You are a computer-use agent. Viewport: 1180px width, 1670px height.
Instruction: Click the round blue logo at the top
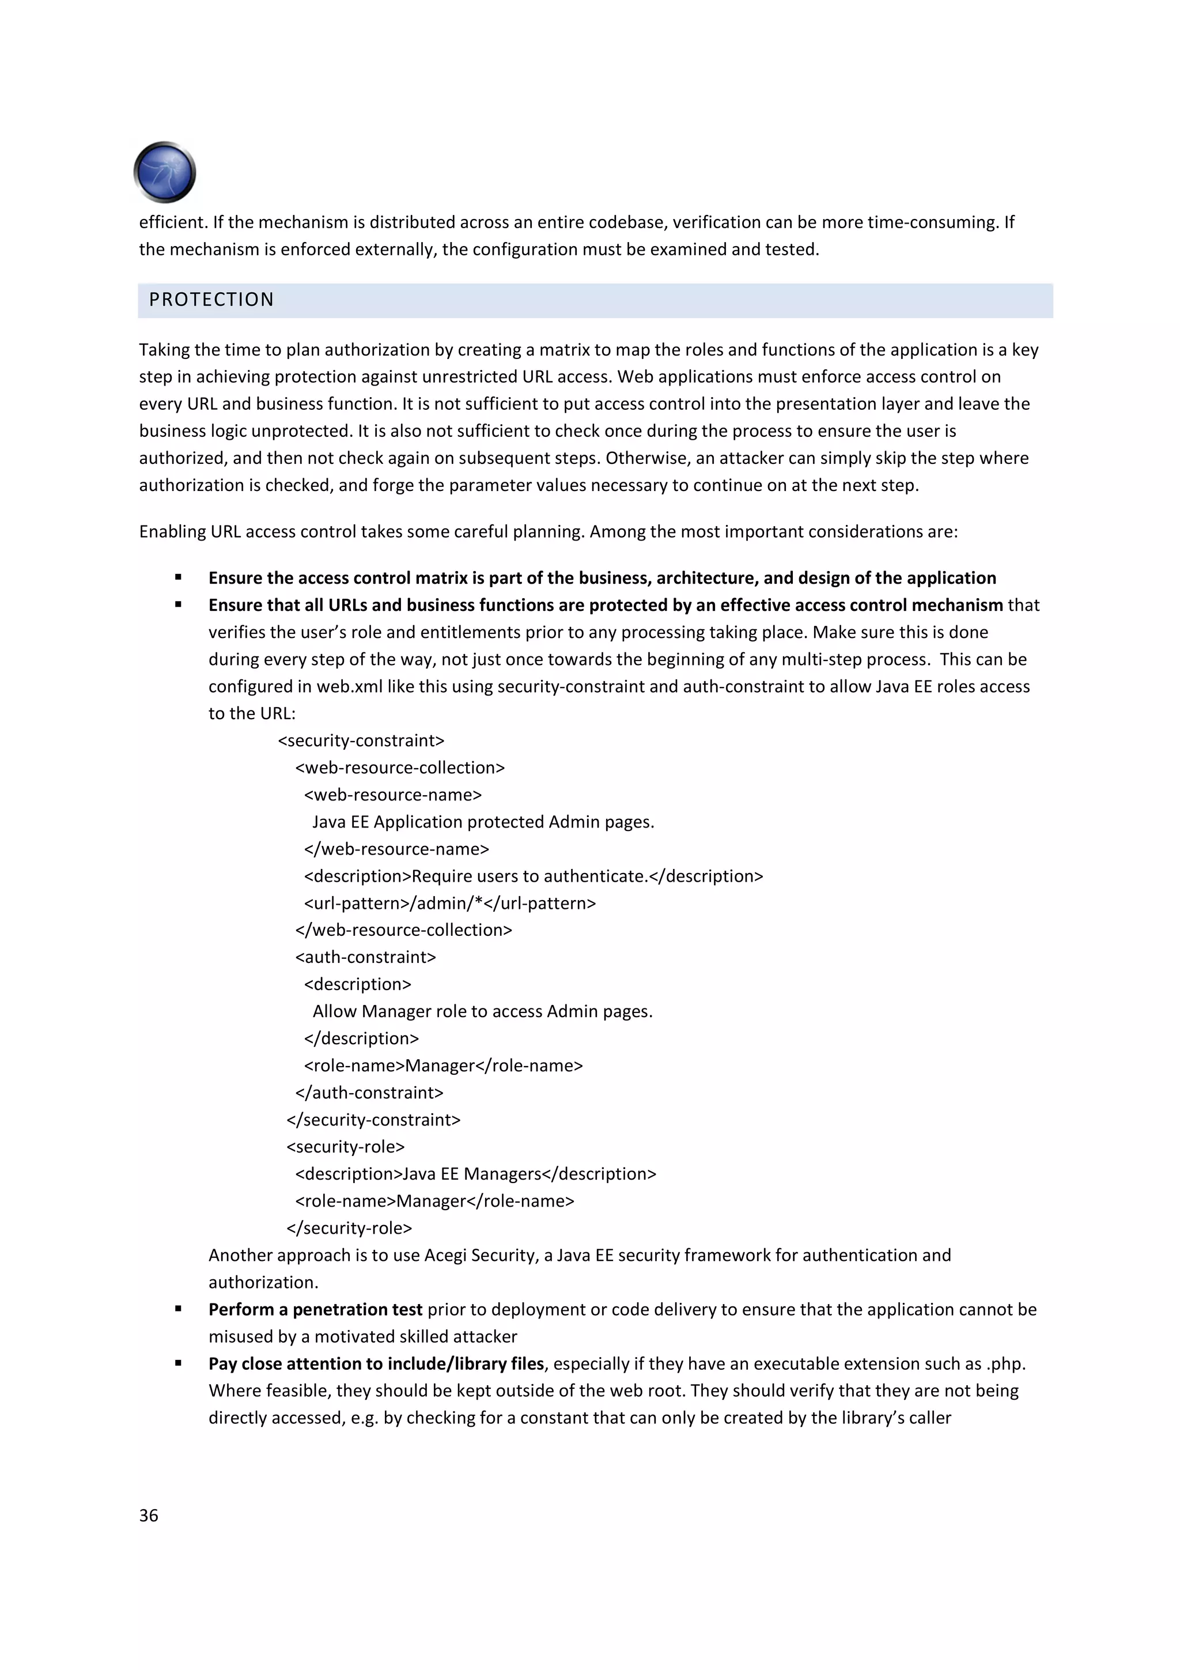tap(165, 172)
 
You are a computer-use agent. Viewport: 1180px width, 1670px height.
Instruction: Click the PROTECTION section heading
tap(211, 300)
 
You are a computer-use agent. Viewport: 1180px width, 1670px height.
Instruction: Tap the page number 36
tap(148, 1515)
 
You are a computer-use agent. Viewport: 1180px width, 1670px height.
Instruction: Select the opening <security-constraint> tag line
tap(361, 740)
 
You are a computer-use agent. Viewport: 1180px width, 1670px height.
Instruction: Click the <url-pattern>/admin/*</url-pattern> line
tap(449, 904)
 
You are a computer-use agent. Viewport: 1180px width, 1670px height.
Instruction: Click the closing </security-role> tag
tap(349, 1228)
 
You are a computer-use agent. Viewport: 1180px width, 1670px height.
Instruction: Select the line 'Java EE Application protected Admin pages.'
tap(483, 822)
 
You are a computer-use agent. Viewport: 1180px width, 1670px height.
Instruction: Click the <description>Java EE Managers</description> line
tap(475, 1174)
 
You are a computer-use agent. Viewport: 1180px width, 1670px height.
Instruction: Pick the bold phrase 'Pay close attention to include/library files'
tap(376, 1364)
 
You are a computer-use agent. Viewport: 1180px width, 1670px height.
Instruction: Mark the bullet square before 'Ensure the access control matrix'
tap(178, 577)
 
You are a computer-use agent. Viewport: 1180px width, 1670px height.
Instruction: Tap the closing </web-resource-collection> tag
tap(403, 930)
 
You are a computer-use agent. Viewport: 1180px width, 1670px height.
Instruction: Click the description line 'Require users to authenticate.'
tap(533, 876)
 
